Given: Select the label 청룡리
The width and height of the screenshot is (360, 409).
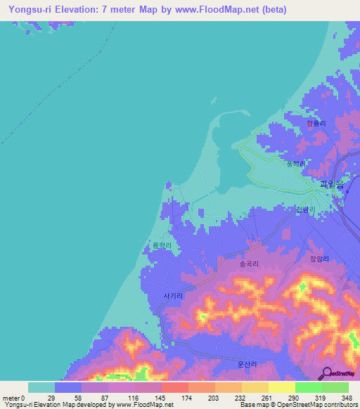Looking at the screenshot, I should (316, 124).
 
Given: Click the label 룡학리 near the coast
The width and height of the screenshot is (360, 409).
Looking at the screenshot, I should (162, 246).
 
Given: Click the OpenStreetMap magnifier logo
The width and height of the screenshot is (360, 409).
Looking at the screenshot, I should (326, 372).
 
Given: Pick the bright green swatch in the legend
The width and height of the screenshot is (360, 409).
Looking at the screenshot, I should (308, 387).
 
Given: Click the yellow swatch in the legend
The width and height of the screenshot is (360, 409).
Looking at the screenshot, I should (281, 387).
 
